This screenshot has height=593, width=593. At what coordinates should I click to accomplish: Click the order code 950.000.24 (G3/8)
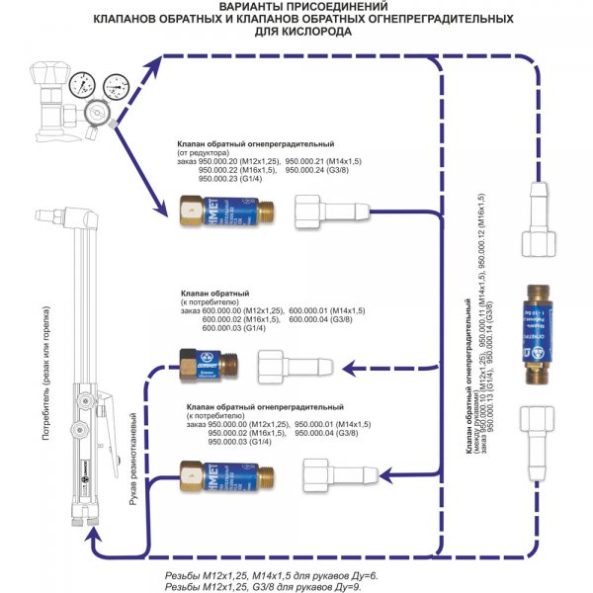click(x=321, y=169)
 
